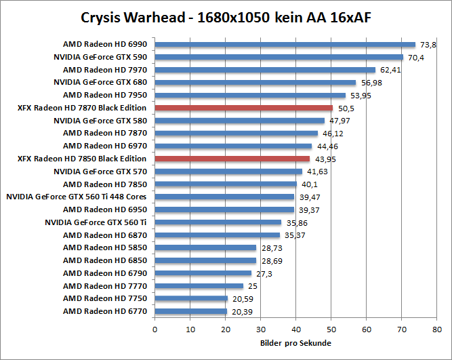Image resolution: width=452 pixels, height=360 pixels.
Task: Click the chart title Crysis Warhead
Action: (225, 16)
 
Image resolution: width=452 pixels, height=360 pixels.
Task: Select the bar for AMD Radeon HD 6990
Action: (285, 45)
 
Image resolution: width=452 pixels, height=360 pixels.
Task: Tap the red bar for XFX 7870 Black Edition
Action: (244, 108)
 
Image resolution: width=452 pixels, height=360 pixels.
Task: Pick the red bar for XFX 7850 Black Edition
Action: (232, 159)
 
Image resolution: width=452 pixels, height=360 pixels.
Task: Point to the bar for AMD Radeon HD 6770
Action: (191, 311)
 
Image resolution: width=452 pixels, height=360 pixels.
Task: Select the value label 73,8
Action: (428, 45)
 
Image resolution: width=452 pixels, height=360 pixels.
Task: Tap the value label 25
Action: (252, 286)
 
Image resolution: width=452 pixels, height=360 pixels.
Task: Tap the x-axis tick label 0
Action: (155, 329)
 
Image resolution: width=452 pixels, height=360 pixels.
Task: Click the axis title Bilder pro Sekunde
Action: (296, 343)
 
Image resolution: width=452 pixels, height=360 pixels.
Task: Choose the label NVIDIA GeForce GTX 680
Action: (101, 82)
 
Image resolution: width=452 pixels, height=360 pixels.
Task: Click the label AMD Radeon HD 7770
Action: (105, 285)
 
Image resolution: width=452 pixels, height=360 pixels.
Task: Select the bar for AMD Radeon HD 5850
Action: (206, 247)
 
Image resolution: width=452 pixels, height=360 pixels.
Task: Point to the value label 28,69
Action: (268, 260)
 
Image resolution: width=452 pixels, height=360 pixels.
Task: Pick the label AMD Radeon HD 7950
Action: (105, 95)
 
